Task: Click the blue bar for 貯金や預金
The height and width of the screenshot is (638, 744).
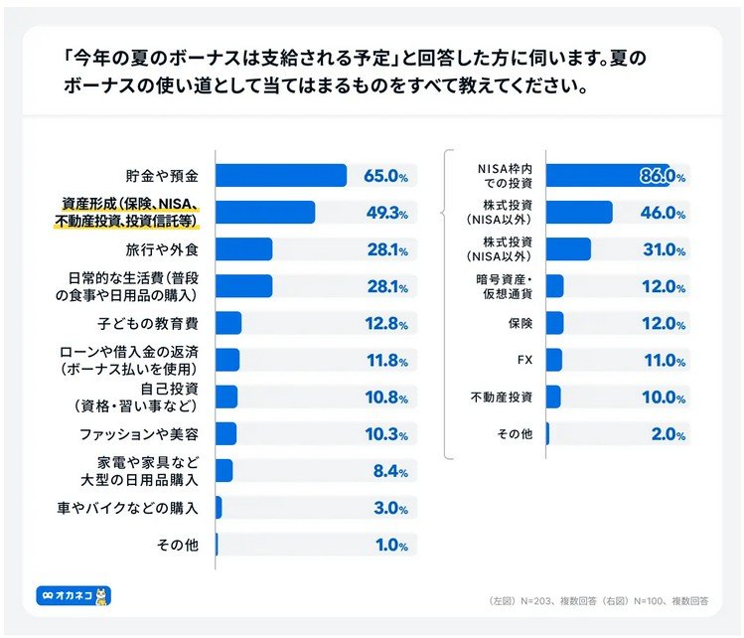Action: [x=280, y=176]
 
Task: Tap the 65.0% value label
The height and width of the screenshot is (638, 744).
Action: [x=385, y=176]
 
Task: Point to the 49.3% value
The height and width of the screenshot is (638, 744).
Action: [x=385, y=213]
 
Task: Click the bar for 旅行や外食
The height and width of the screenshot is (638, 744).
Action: [x=243, y=249]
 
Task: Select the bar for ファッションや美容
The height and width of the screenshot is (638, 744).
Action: [x=225, y=433]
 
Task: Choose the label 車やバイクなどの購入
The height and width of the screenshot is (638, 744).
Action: [x=140, y=508]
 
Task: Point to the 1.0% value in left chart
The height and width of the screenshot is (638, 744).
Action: [x=390, y=545]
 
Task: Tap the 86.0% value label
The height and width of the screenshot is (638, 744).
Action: [x=662, y=176]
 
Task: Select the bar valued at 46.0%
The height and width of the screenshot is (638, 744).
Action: [x=579, y=213]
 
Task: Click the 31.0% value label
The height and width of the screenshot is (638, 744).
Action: [x=663, y=249]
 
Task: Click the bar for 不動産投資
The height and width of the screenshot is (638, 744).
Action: [x=553, y=397]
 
